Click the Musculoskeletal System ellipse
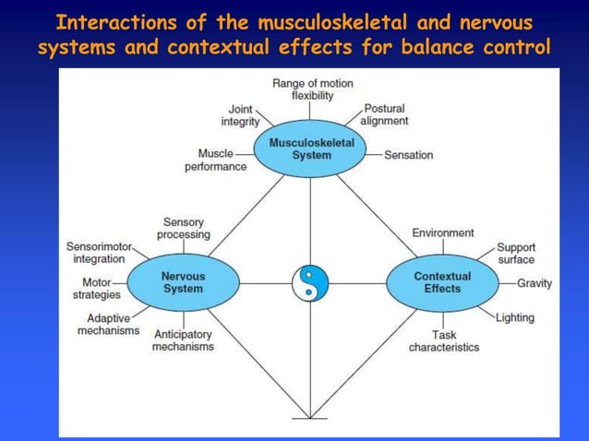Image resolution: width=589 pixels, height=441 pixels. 311,149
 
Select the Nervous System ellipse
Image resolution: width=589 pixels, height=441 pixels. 182,282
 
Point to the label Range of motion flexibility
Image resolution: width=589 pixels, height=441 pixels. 312,89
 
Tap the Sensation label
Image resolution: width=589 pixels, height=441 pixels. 408,155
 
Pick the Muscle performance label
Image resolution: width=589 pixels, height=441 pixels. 215,160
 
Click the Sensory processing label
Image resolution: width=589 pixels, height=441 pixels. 184,229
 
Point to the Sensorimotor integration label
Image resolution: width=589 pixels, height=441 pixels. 100,253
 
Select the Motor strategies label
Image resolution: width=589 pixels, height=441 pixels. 96,289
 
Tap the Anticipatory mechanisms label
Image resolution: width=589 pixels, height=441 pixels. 183,340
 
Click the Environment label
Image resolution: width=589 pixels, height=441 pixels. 442,232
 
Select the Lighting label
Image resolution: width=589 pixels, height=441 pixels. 514,318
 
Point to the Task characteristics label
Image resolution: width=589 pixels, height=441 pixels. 444,341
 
